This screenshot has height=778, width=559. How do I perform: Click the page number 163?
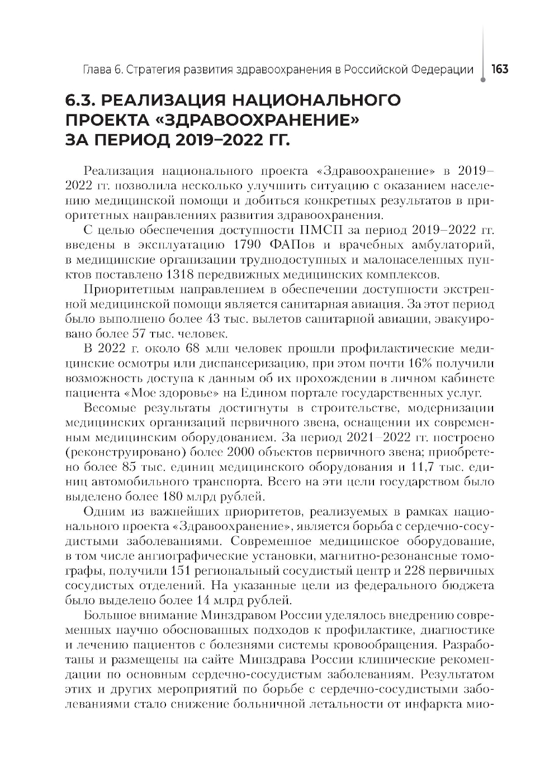pyautogui.click(x=499, y=69)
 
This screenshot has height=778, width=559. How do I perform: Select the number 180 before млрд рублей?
pyautogui.click(x=172, y=495)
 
